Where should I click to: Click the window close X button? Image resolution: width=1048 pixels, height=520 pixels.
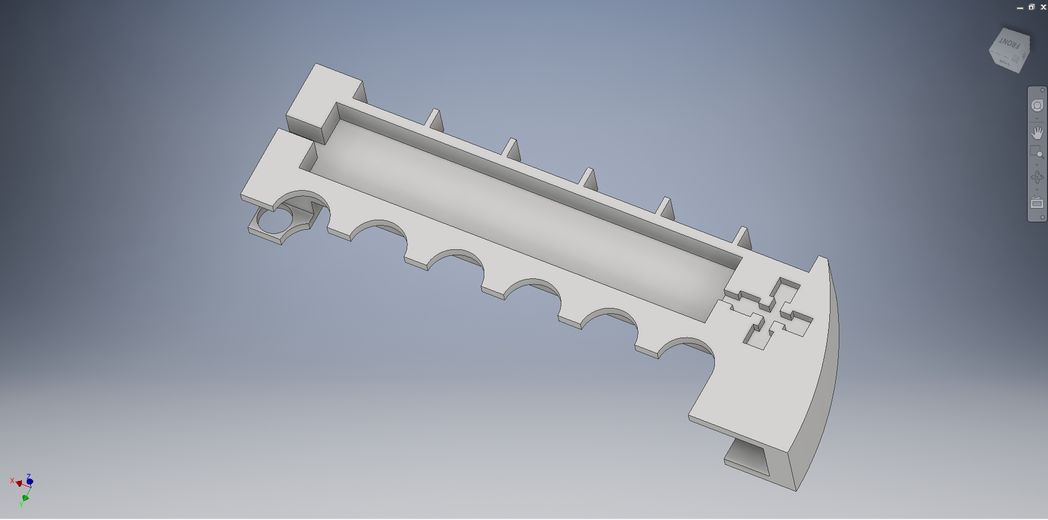click(1043, 7)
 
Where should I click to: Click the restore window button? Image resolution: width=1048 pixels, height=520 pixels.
click(1031, 7)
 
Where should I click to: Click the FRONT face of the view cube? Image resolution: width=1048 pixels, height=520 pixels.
click(1008, 43)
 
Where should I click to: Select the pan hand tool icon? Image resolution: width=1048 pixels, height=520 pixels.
click(1037, 132)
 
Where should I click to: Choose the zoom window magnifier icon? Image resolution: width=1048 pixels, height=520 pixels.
click(1036, 152)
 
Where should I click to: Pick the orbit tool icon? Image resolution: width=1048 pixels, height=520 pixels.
click(1037, 177)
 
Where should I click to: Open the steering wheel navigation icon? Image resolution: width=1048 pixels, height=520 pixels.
click(1037, 105)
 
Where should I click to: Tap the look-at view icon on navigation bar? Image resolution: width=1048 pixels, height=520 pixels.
click(1037, 203)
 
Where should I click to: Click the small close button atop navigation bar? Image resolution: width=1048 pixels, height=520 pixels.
click(1043, 90)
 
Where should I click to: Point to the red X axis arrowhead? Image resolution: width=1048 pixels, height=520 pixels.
click(19, 483)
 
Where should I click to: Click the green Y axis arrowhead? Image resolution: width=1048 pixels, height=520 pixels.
click(25, 498)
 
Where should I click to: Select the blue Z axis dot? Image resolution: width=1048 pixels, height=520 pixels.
click(30, 482)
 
